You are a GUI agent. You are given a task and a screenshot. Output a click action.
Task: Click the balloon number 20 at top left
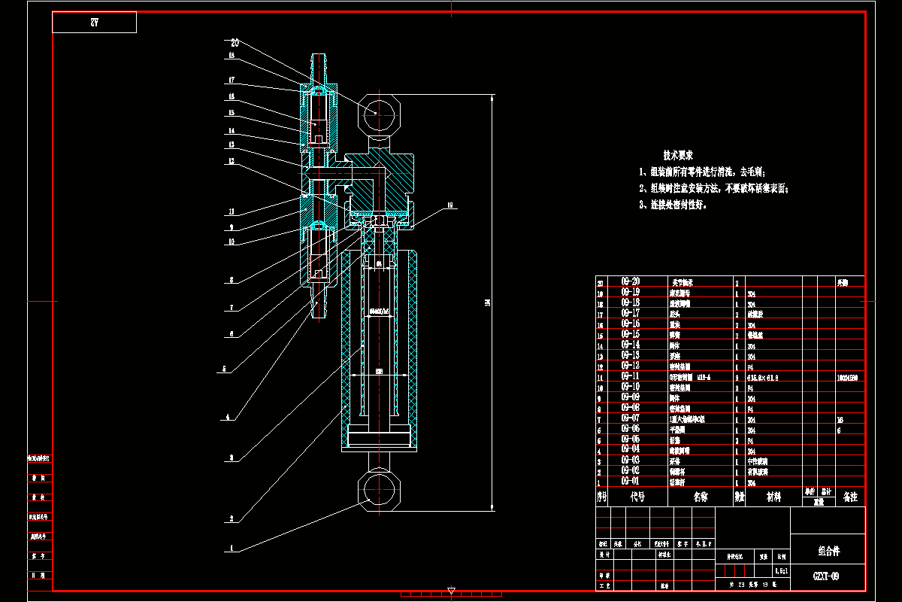(235, 43)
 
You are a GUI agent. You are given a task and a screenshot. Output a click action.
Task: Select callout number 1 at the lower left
(232, 549)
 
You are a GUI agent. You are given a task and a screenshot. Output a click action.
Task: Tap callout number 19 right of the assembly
(450, 205)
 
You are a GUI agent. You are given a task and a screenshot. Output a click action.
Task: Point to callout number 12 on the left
(232, 161)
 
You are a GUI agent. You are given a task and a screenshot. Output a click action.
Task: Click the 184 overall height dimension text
(487, 303)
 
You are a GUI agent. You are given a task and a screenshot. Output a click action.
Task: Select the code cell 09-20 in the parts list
(630, 281)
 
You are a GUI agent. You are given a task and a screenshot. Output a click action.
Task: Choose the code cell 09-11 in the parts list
(630, 375)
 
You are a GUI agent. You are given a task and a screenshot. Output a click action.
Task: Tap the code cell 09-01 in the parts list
(630, 480)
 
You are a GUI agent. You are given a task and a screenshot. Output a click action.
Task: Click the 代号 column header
(637, 497)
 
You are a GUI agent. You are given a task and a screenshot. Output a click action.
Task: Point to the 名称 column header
(700, 497)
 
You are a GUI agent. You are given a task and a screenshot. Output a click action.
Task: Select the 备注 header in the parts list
(850, 497)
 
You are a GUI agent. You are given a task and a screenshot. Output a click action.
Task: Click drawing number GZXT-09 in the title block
(827, 576)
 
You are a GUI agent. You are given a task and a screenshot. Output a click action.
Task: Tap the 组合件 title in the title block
(828, 551)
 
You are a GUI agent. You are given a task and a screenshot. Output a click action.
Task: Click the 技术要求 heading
(677, 155)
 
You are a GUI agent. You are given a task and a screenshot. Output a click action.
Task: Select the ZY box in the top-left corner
(94, 23)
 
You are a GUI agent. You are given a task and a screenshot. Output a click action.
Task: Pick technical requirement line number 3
(673, 205)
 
